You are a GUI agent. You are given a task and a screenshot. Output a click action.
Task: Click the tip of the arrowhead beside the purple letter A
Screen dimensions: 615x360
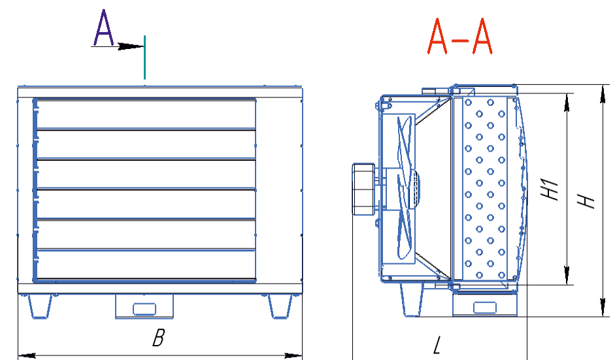click(144, 46)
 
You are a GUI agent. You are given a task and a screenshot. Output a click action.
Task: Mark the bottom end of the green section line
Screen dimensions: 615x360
click(144, 79)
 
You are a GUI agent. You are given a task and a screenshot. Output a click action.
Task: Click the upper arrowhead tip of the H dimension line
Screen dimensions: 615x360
click(603, 86)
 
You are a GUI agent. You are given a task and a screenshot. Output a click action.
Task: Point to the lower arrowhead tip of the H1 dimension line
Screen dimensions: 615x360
click(567, 284)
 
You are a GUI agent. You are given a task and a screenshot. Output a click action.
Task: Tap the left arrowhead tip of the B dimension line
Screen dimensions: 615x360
click(18, 356)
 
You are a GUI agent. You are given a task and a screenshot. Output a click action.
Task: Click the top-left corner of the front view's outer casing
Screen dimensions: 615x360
click(18, 87)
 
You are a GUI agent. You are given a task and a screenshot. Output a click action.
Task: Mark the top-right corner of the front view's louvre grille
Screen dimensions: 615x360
click(256, 99)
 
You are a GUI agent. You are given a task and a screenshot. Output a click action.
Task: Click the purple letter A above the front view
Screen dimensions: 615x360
click(103, 28)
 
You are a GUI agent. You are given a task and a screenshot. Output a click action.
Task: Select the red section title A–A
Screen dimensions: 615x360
click(459, 37)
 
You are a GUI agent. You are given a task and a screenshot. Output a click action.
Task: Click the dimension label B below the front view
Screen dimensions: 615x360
click(158, 338)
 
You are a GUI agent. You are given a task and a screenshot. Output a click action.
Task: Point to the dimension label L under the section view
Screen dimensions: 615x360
click(437, 345)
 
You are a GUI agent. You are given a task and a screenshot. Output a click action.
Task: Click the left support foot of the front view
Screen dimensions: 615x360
click(40, 306)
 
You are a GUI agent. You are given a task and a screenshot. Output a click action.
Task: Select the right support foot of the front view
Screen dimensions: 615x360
click(280, 306)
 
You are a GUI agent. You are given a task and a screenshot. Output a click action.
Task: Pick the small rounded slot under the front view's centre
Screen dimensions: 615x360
click(144, 309)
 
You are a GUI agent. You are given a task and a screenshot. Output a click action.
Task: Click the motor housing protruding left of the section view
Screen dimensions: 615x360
click(363, 189)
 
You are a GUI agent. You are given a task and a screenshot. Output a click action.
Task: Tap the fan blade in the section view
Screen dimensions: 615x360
click(405, 188)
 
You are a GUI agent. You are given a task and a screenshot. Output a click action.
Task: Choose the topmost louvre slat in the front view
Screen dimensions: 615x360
click(146, 114)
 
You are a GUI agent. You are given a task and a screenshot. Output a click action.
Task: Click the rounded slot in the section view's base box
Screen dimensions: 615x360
click(485, 308)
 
